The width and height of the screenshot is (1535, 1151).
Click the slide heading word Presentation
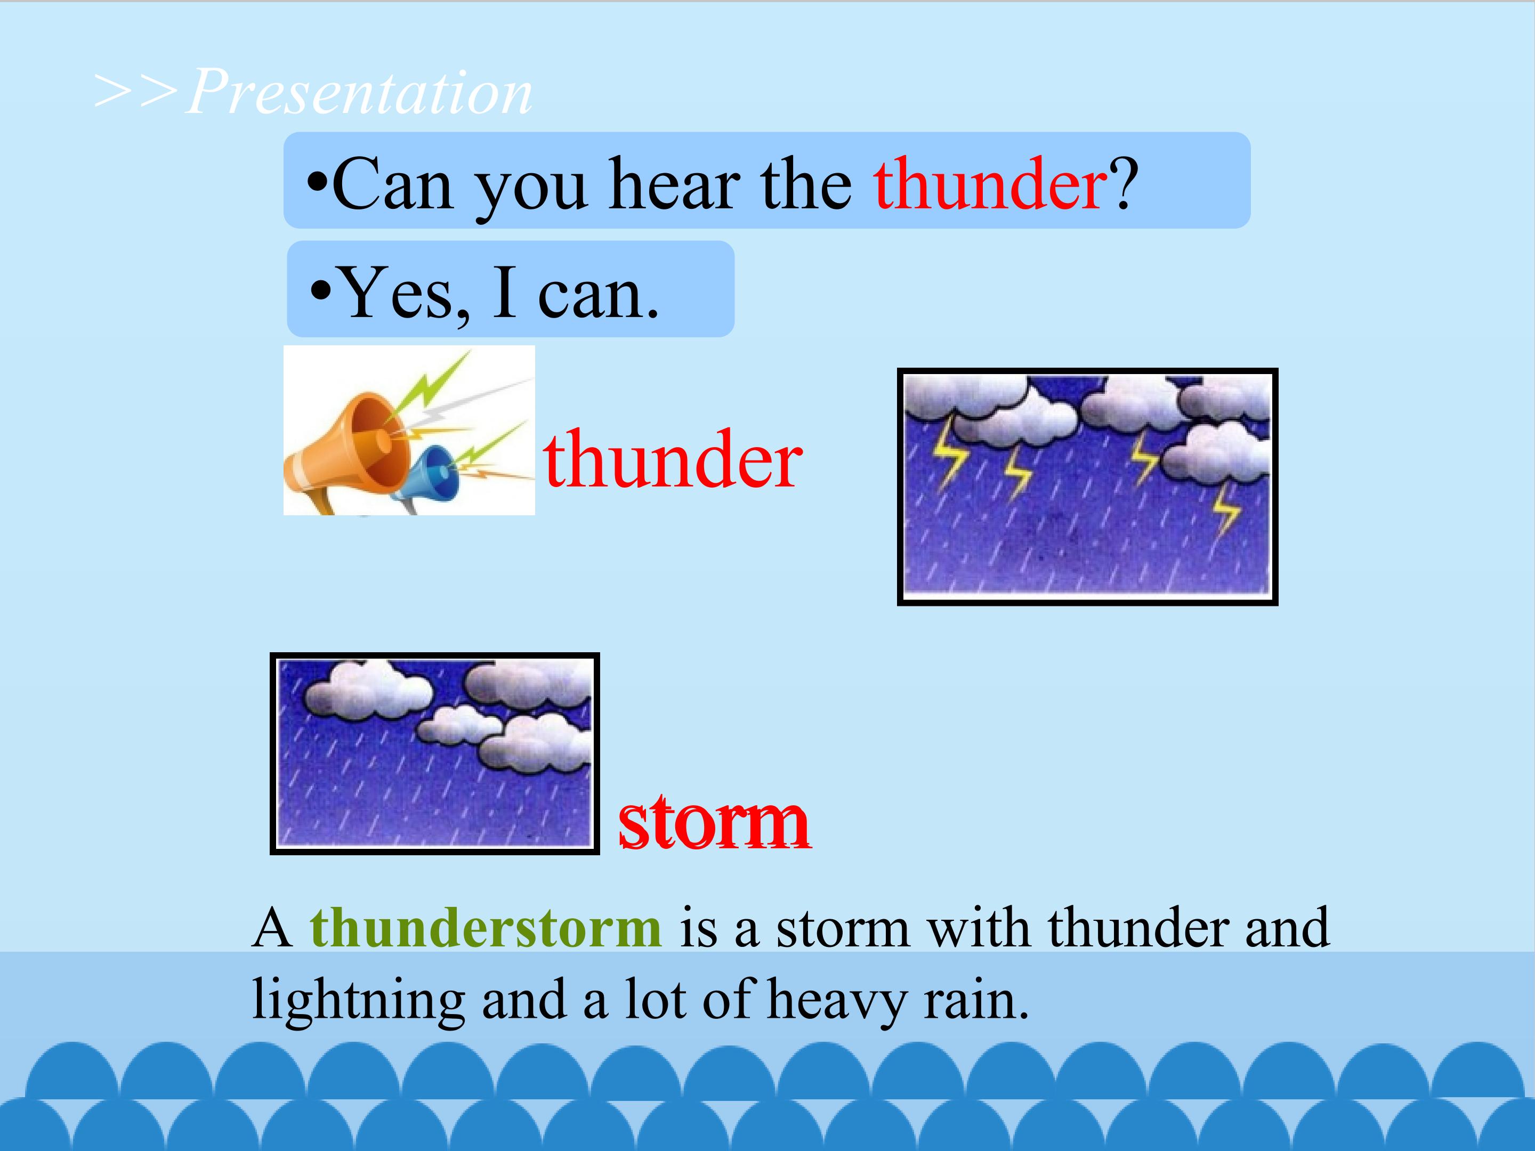(x=359, y=92)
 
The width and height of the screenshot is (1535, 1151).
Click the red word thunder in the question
(x=990, y=184)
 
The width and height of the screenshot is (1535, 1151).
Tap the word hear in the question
(x=670, y=184)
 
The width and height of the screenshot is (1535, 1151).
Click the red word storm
(x=714, y=822)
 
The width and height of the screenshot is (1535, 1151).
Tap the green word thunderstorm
(x=486, y=928)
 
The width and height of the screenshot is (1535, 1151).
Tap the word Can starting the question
(x=393, y=184)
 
